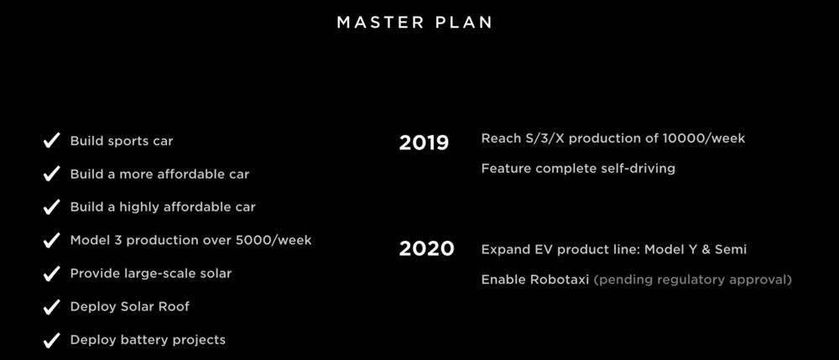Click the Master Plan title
click(414, 23)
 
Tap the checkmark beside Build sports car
click(51, 141)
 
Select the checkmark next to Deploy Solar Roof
click(51, 307)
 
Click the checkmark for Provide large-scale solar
click(51, 274)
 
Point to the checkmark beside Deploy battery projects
click(51, 340)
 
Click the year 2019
click(424, 143)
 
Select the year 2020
click(426, 248)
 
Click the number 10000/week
click(704, 138)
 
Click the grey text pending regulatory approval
click(693, 279)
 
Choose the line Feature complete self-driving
click(578, 169)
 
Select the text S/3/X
click(546, 138)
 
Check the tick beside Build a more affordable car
click(51, 175)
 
